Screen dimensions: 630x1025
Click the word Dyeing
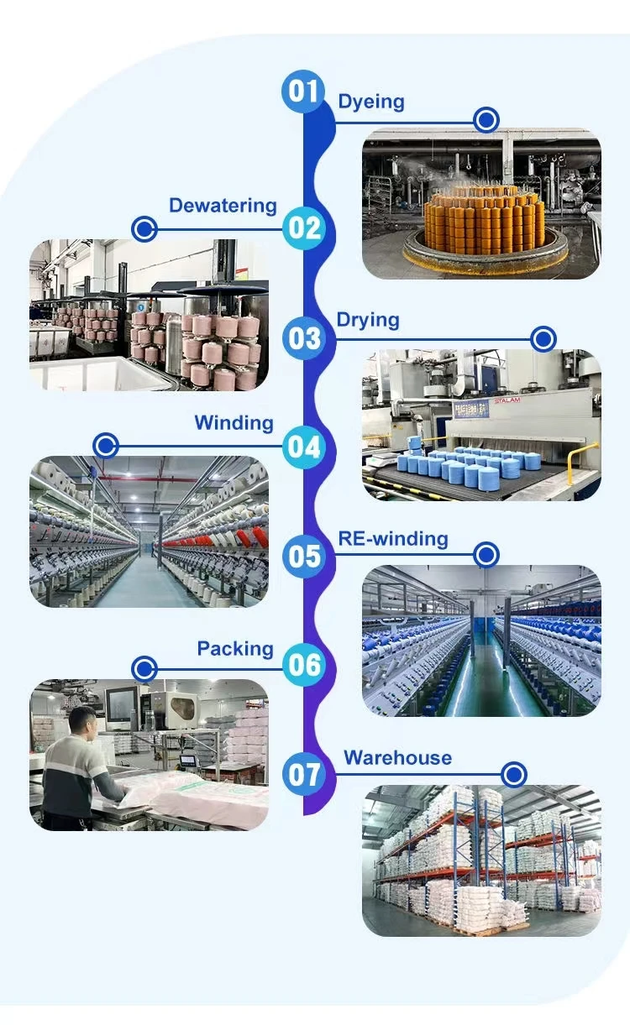click(370, 102)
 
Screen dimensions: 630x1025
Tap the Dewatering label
click(223, 206)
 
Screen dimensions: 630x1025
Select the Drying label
click(367, 320)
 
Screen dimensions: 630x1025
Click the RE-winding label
click(392, 538)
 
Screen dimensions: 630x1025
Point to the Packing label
click(235, 649)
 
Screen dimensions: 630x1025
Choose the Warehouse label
click(397, 758)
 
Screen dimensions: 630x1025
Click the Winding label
click(234, 422)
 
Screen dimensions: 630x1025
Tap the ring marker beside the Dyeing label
click(486, 121)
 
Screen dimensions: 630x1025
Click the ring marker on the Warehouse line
click(514, 774)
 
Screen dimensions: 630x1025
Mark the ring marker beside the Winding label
click(105, 446)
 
